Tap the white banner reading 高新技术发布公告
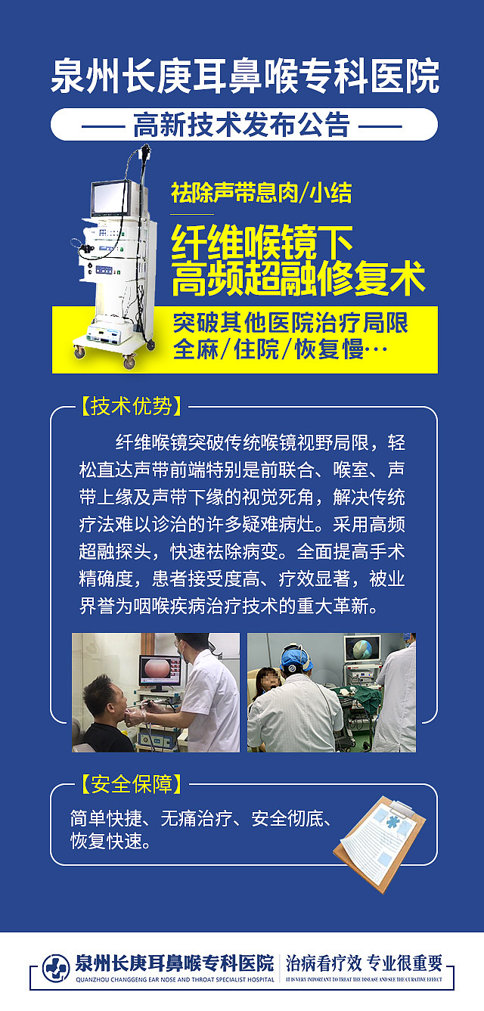point(243,124)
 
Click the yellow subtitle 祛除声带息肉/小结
point(261,193)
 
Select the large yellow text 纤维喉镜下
point(262,242)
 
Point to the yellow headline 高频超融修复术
point(298,279)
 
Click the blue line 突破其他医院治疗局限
point(290,323)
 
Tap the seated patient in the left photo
point(103,711)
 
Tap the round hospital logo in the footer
point(55,967)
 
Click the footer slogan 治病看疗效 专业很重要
point(363,963)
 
